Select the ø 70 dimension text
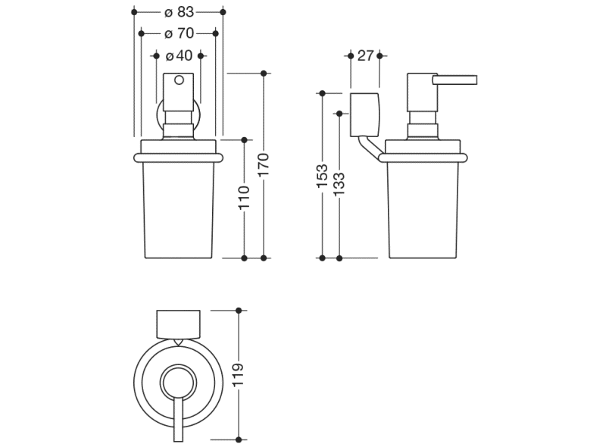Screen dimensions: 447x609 tap(179, 33)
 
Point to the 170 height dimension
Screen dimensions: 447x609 tap(263, 165)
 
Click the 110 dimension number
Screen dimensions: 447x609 tap(244, 198)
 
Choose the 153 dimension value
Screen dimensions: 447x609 tap(322, 176)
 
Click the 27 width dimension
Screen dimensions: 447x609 tap(366, 55)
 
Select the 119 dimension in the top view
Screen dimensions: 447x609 tap(239, 375)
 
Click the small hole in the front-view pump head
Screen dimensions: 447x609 tap(180, 81)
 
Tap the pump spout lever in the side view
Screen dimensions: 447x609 tap(454, 79)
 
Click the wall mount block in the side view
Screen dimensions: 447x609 tap(364, 114)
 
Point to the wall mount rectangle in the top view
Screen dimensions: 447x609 tap(179, 324)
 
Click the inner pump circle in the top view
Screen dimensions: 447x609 tap(179, 380)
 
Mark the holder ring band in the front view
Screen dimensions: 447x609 tap(179, 158)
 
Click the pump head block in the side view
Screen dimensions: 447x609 tap(420, 94)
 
